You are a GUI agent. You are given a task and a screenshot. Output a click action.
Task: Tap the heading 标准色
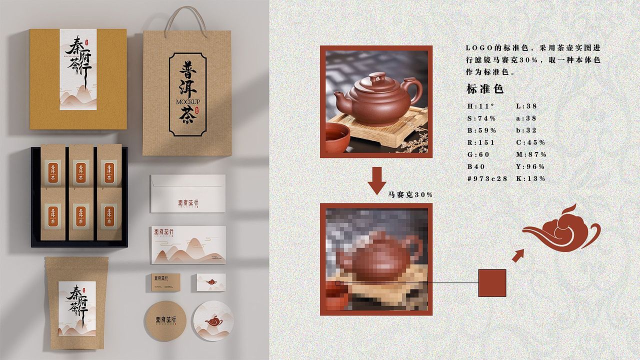[x=484, y=89]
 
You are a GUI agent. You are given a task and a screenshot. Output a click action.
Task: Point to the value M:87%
[x=531, y=154]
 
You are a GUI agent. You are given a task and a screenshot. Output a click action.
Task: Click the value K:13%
[x=530, y=178]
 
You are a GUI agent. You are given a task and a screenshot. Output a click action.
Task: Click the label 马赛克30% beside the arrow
[x=410, y=194]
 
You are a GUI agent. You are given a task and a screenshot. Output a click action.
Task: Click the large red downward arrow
[x=377, y=180]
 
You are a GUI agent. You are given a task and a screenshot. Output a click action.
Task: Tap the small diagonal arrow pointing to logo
[x=518, y=255]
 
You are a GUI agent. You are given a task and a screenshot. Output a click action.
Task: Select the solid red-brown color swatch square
[x=492, y=283]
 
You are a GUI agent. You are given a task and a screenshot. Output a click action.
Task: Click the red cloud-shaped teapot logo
[x=561, y=229]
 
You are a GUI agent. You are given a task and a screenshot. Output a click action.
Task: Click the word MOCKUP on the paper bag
[x=187, y=102]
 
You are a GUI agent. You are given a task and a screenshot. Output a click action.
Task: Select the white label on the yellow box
[x=78, y=69]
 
